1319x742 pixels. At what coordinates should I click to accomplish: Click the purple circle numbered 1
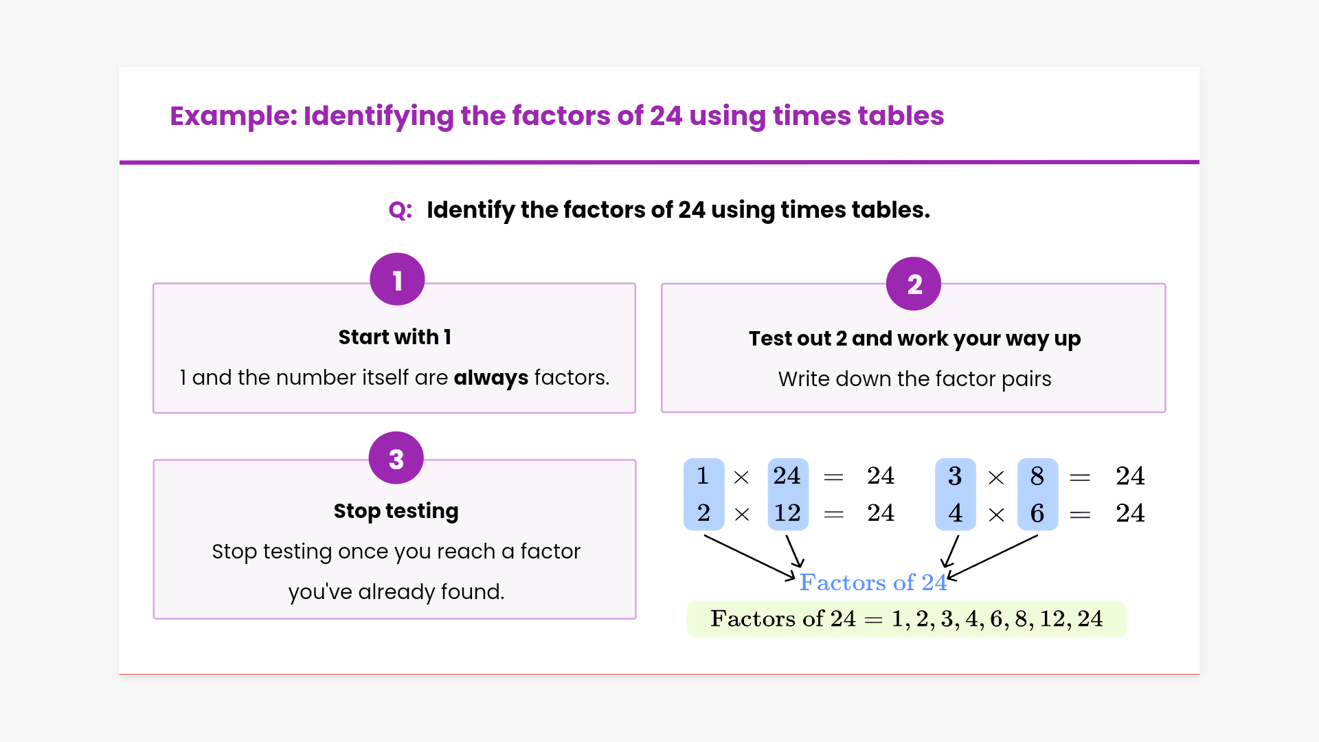(397, 280)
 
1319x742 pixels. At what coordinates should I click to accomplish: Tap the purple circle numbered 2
(914, 284)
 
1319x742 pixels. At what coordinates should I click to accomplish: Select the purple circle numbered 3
(396, 458)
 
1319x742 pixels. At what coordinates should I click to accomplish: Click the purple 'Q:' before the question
(401, 210)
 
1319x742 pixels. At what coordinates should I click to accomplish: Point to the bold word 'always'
(491, 378)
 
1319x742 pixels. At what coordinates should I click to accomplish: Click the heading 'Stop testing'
(396, 511)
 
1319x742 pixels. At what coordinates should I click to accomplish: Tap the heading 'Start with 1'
(395, 337)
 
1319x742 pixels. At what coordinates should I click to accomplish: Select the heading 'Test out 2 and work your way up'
(914, 339)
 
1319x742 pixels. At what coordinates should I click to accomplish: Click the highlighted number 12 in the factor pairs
(787, 513)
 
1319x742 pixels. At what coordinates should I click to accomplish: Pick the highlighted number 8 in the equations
(1037, 476)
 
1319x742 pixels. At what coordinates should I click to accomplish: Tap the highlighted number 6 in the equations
(1037, 513)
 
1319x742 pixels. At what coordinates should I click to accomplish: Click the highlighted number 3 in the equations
(955, 476)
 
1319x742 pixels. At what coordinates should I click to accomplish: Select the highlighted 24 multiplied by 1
(787, 475)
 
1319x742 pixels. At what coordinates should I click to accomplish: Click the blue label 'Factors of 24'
(873, 583)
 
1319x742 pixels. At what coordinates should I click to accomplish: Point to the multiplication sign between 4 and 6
(996, 515)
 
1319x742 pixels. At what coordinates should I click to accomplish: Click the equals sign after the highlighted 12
(833, 514)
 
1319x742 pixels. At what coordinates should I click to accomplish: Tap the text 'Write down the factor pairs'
(914, 379)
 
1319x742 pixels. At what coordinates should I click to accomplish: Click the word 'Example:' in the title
(234, 116)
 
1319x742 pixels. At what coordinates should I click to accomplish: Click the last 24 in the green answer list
(1090, 619)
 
